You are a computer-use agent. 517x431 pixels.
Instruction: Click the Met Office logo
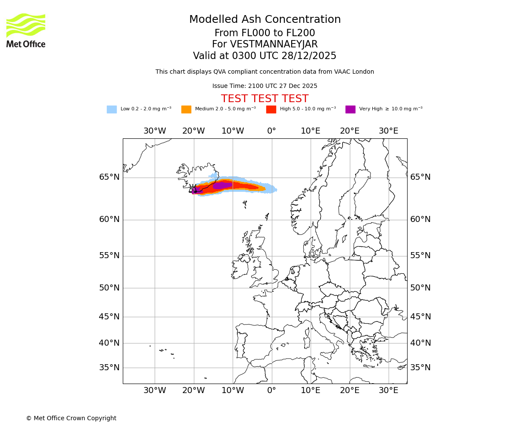coord(26,30)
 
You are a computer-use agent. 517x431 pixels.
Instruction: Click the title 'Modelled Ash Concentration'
coord(265,19)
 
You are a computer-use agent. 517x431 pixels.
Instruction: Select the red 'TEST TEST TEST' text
coord(265,99)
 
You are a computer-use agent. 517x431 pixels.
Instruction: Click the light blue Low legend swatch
coord(112,109)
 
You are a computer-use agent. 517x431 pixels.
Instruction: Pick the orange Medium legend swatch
coord(186,109)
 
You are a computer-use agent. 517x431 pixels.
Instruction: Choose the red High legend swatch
coord(271,109)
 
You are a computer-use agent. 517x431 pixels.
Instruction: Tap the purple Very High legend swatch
coord(350,109)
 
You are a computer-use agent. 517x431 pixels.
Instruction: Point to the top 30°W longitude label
coord(155,131)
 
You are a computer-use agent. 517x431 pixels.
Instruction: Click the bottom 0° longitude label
coord(271,390)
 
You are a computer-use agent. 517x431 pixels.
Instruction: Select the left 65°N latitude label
coord(109,177)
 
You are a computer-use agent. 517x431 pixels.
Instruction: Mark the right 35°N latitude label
coord(420,368)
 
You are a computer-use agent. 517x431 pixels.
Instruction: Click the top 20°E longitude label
coord(349,131)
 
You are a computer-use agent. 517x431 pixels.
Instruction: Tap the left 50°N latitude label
coord(109,288)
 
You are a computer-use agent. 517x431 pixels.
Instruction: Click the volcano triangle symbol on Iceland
coord(193,189)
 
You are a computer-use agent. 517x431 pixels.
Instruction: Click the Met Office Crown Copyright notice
coord(71,418)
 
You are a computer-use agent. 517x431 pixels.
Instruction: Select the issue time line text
coord(265,86)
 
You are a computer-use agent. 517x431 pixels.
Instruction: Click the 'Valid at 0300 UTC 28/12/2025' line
coord(265,56)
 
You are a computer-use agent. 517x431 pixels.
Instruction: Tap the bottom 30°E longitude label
coord(388,390)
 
